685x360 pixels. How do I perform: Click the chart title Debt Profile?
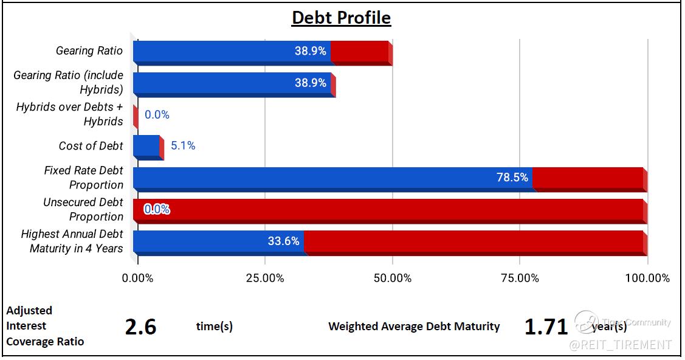click(341, 18)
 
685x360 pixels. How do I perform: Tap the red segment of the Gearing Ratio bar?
click(360, 51)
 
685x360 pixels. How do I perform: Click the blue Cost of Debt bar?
click(146, 146)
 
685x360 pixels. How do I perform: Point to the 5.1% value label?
click(183, 146)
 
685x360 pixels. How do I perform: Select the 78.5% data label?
click(512, 178)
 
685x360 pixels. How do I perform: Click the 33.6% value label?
click(283, 241)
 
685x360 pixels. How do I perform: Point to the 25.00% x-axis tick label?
click(265, 279)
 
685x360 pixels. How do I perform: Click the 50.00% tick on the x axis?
click(393, 279)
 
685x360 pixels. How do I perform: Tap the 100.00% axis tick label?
click(647, 279)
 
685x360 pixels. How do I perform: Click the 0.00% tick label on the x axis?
click(139, 279)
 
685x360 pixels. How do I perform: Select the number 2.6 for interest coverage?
click(140, 327)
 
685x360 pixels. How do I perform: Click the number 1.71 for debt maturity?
click(545, 327)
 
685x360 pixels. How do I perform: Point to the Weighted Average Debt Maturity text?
click(414, 327)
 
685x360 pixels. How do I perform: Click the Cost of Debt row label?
click(91, 146)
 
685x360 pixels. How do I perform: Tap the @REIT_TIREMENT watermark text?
click(620, 345)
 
